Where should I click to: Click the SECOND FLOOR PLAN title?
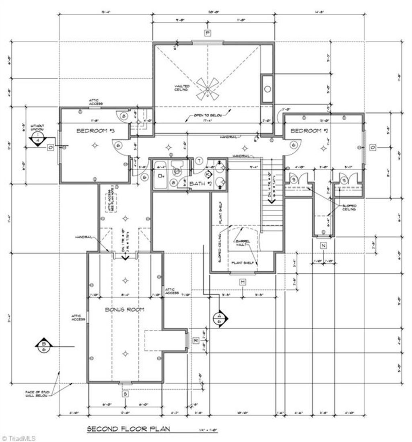tap(129, 429)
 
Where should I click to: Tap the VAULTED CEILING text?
tap(179, 88)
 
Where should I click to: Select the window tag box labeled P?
tap(208, 33)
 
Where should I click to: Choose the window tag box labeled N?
tap(323, 246)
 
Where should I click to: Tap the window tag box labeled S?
tap(125, 394)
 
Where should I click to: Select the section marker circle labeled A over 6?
tap(219, 318)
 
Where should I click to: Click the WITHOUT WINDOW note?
tap(37, 128)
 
